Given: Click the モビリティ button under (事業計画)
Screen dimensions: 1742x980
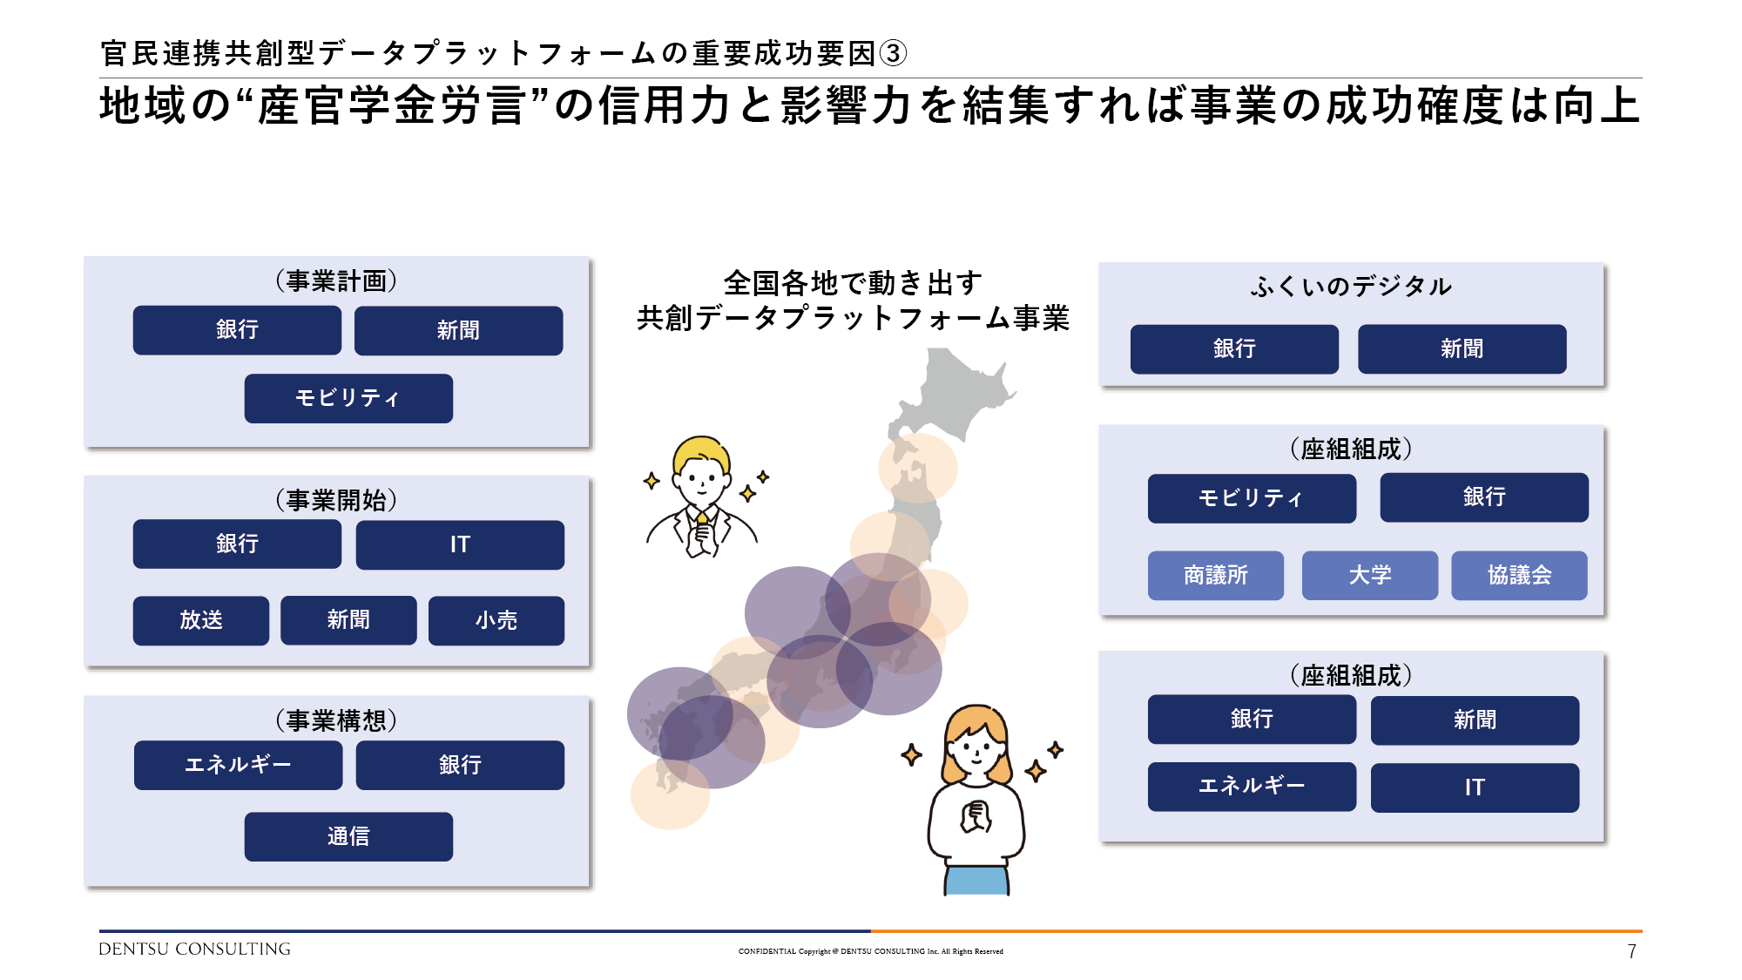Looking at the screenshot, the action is [348, 398].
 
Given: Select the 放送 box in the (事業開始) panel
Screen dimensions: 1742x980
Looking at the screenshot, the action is [201, 620].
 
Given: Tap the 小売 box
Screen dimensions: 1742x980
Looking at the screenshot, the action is [496, 620].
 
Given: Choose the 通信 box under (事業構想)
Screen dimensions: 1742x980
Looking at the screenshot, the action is [348, 836].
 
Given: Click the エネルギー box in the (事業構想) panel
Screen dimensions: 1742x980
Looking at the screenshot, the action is [238, 765].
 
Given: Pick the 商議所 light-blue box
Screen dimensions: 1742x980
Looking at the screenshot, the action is [1216, 575].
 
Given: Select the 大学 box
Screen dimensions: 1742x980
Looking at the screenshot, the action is [1370, 575].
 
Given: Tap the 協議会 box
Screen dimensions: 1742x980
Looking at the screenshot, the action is [1519, 575].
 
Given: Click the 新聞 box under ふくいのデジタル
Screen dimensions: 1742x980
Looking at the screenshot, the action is [1462, 349].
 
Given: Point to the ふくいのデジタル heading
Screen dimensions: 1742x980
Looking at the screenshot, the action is [1351, 286].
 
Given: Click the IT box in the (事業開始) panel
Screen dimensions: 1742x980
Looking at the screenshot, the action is [460, 544].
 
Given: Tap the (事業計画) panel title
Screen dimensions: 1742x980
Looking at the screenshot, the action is [336, 280].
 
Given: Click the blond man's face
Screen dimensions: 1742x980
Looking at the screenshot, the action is [702, 477].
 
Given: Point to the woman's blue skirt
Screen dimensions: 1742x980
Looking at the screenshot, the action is [977, 880].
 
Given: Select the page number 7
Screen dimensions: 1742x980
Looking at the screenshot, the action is [1632, 951].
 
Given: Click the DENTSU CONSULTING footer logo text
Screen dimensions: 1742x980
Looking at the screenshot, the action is [194, 950].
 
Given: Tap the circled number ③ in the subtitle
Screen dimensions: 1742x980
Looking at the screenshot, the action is [894, 53].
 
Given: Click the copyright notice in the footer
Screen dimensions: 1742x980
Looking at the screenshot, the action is [871, 951].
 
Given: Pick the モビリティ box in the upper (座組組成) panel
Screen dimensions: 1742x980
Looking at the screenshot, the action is [1252, 498].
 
